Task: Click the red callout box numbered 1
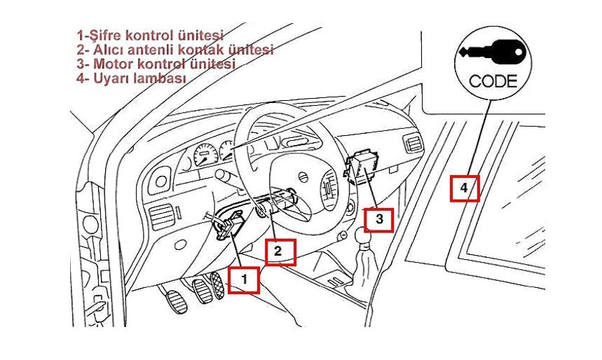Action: [244, 280]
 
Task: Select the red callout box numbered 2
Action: [280, 252]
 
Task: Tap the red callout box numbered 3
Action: [379, 220]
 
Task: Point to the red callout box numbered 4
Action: [465, 188]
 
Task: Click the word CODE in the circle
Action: [493, 81]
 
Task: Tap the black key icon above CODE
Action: [492, 52]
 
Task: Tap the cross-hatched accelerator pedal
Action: [217, 286]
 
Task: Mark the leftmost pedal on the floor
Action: [177, 302]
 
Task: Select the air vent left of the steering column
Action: [160, 217]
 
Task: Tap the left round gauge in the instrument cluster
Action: [205, 155]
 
